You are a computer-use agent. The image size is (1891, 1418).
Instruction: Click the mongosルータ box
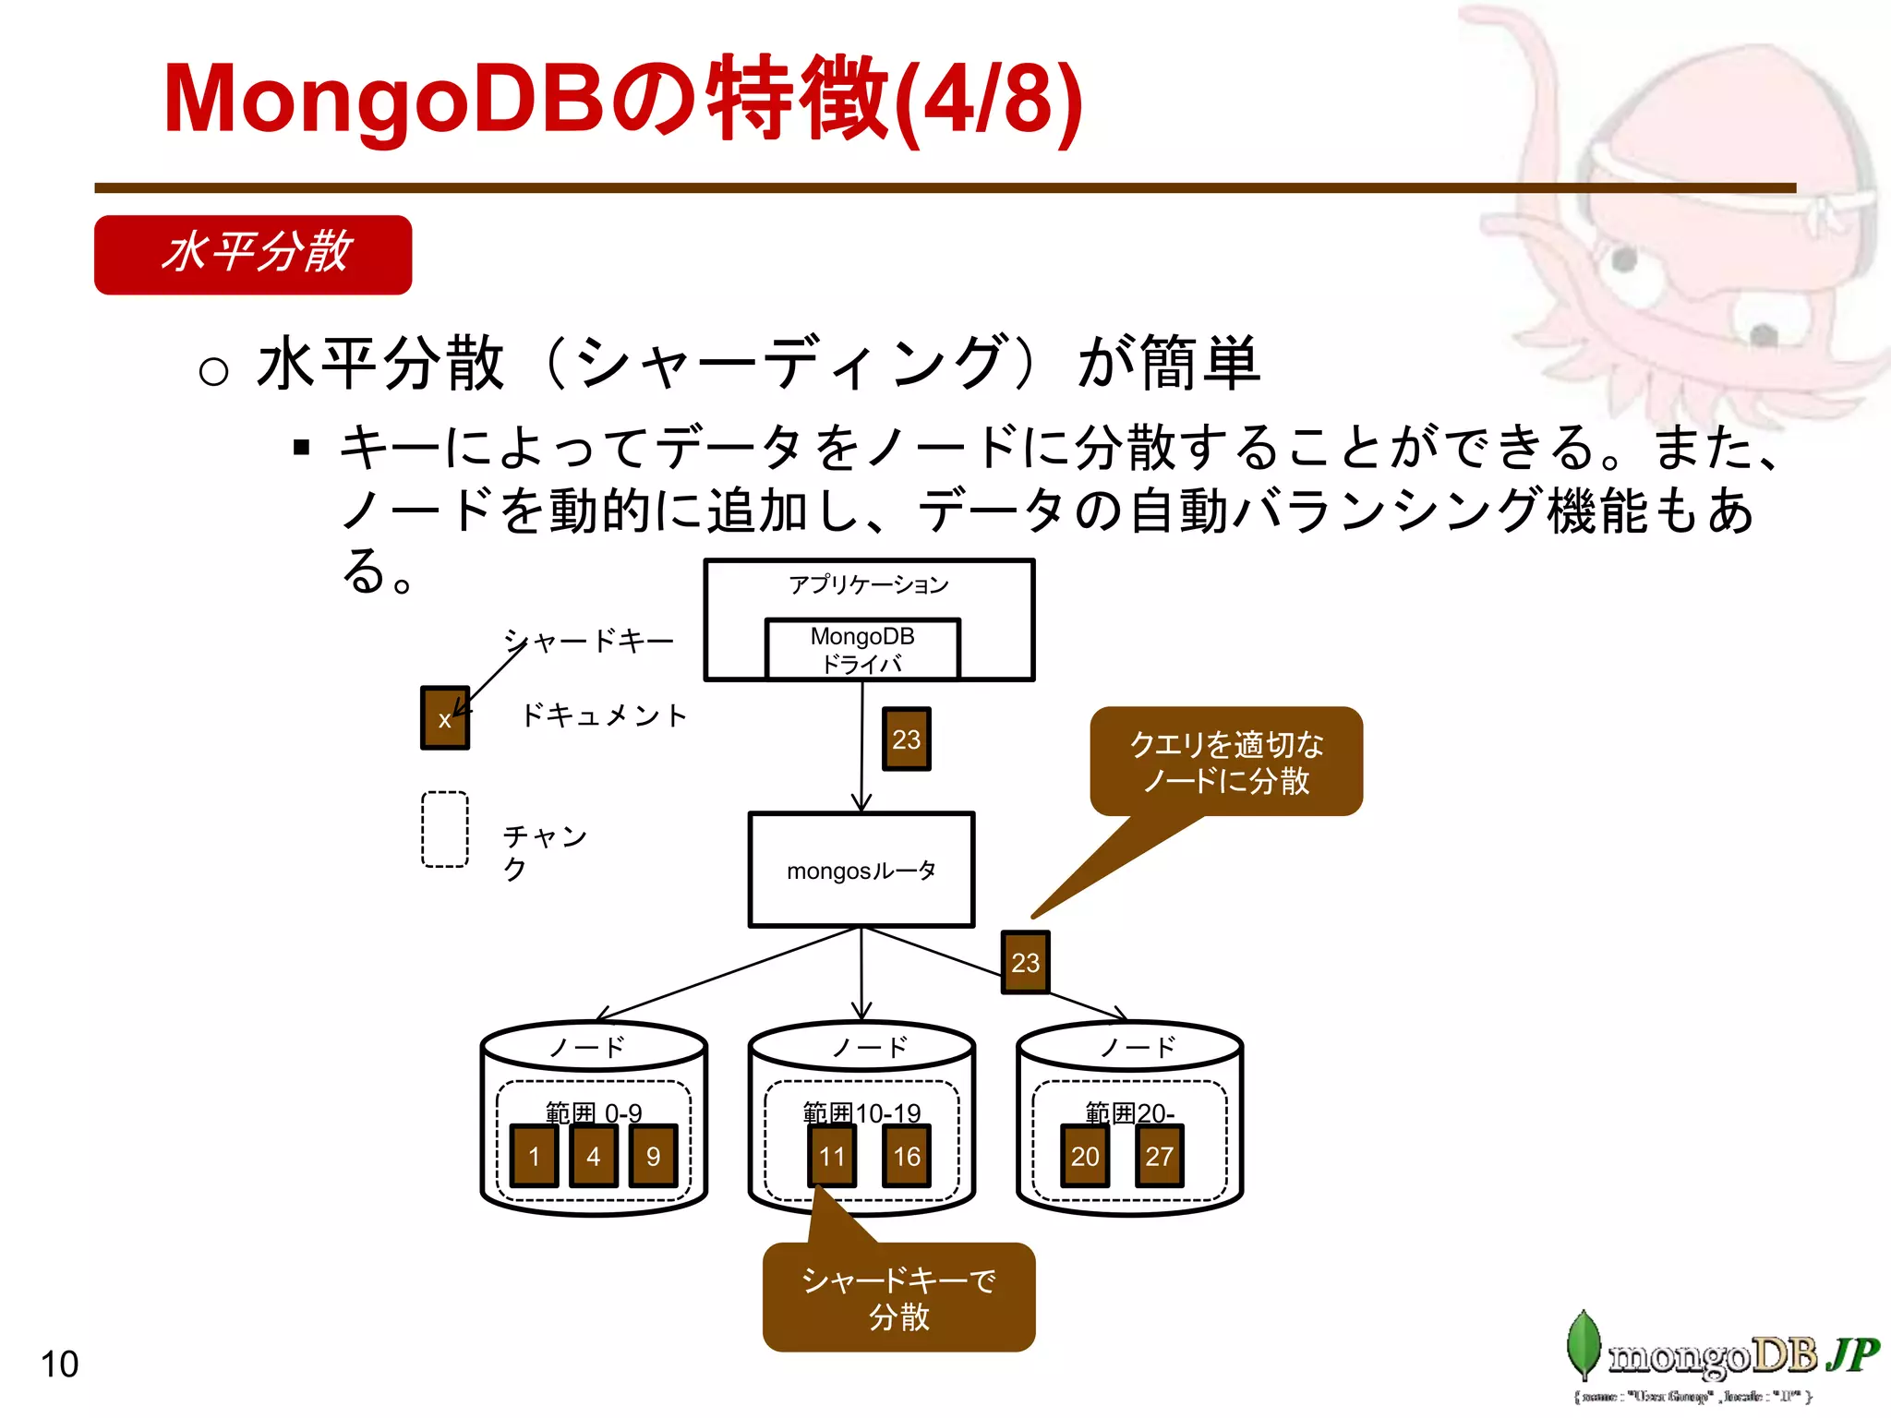tap(861, 870)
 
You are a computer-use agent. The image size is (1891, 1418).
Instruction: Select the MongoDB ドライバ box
tap(862, 649)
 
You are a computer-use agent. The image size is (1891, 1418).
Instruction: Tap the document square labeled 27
tap(1159, 1156)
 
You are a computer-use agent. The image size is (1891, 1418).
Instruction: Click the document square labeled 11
tap(832, 1156)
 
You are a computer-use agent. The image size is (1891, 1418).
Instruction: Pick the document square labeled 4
tap(594, 1156)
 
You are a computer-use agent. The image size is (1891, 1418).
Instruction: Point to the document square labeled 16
tap(907, 1156)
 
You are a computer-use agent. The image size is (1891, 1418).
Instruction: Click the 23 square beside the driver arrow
tap(907, 739)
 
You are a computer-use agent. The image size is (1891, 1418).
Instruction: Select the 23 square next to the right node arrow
tap(1025, 962)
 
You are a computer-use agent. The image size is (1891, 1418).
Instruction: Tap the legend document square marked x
tap(445, 718)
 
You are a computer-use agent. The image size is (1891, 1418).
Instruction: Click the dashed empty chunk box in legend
tap(445, 829)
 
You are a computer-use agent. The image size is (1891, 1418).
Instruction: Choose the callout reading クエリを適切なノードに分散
tap(1226, 762)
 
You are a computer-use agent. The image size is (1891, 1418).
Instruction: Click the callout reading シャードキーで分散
tap(898, 1297)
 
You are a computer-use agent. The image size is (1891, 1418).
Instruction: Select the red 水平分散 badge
tap(253, 255)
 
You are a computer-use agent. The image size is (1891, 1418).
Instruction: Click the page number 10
tap(60, 1364)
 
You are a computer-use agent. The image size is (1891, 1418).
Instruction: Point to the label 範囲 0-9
tap(594, 1112)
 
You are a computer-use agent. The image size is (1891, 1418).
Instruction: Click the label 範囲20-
tap(1129, 1112)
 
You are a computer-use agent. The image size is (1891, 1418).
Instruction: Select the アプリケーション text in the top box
tap(868, 584)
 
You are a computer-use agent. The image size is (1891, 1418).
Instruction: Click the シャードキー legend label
tap(589, 641)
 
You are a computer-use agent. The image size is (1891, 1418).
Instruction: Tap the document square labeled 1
tap(534, 1156)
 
